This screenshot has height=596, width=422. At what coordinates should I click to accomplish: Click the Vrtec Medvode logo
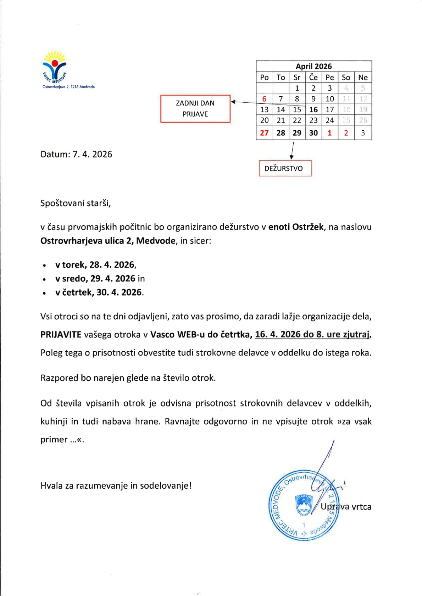click(x=55, y=67)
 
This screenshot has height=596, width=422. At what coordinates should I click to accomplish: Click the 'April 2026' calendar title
click(x=313, y=66)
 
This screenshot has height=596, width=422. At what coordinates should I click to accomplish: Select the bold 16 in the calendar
click(x=313, y=110)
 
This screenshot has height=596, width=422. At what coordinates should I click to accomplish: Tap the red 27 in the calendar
click(x=264, y=133)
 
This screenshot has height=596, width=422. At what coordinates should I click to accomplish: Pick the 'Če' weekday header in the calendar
click(x=313, y=78)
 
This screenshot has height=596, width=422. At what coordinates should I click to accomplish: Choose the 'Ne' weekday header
click(x=363, y=78)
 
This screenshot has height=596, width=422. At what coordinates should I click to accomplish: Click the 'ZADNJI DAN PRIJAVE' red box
click(x=195, y=109)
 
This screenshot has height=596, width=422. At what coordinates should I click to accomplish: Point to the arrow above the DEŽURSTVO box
click(x=292, y=151)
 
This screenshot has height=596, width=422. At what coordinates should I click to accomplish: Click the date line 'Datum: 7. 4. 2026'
click(x=76, y=154)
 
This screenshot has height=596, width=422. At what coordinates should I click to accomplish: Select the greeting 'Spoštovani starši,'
click(x=76, y=203)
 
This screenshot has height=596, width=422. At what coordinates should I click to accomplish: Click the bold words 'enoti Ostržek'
click(x=296, y=227)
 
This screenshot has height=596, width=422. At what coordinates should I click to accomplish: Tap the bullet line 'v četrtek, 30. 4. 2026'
click(x=99, y=293)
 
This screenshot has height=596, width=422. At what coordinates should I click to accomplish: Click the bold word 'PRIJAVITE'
click(x=61, y=335)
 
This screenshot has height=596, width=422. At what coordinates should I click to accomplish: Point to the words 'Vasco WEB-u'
click(x=178, y=335)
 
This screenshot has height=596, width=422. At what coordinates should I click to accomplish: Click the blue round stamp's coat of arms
click(x=304, y=505)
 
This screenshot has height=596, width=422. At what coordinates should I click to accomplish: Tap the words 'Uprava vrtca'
click(x=346, y=507)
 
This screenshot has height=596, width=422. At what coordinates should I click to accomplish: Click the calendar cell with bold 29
click(x=297, y=133)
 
